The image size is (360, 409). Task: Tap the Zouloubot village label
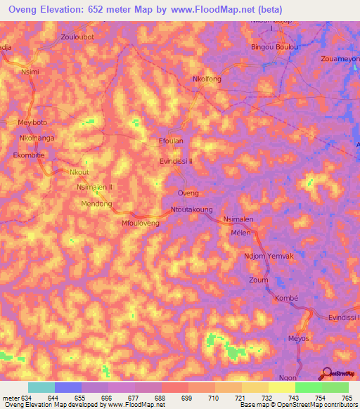(x=77, y=36)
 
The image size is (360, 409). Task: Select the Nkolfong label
(x=207, y=79)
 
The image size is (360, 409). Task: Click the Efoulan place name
(x=171, y=141)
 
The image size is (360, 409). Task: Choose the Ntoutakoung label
(x=191, y=209)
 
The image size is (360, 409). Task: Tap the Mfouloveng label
(x=141, y=223)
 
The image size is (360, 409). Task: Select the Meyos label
(x=299, y=339)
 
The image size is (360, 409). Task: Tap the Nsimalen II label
(x=99, y=188)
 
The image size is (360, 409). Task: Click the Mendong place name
(x=97, y=204)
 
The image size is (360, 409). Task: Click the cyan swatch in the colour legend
(x=41, y=387)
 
